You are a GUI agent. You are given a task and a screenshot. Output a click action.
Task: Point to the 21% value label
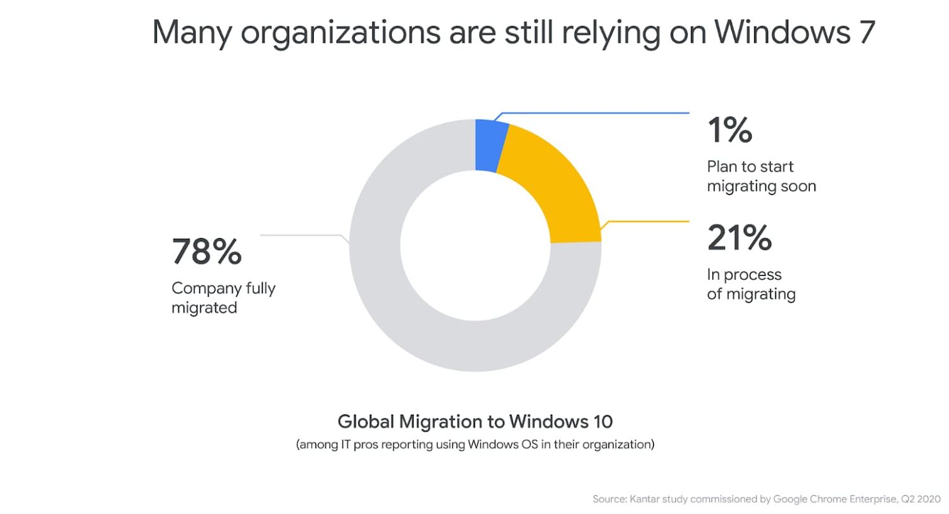tap(739, 237)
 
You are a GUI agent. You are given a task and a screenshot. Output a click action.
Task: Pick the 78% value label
tap(206, 251)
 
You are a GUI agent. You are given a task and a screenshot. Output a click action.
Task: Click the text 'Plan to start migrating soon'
tap(760, 177)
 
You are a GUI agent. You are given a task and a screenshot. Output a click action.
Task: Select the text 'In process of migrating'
tap(750, 284)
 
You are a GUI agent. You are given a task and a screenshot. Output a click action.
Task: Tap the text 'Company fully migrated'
tap(223, 298)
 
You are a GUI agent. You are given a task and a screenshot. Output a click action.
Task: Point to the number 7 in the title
tap(867, 32)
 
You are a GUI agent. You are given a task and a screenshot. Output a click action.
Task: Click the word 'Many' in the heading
tap(192, 32)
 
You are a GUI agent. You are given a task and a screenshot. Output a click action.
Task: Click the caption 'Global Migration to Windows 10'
tap(475, 421)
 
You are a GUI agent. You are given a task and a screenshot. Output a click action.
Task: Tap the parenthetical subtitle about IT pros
tap(475, 444)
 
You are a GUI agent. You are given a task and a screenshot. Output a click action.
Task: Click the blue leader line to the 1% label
tap(595, 113)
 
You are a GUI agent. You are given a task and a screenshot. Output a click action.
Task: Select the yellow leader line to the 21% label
tap(645, 222)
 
